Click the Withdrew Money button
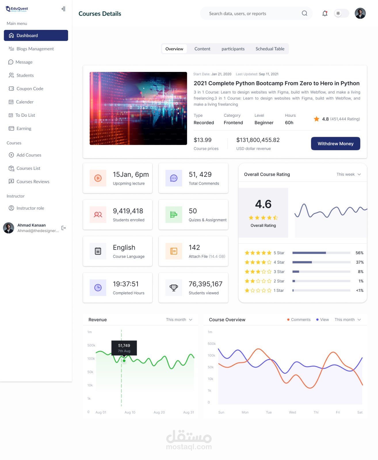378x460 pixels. click(x=335, y=143)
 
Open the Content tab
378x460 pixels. click(x=202, y=49)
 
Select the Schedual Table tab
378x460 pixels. click(x=270, y=49)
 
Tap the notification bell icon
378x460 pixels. click(x=325, y=14)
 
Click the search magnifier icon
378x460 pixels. click(x=304, y=14)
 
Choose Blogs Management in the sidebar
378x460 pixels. click(x=35, y=49)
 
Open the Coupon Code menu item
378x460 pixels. click(x=30, y=89)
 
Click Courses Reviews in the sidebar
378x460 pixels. click(x=33, y=181)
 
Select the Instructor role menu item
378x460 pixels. click(x=30, y=208)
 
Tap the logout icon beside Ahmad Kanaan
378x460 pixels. click(x=64, y=228)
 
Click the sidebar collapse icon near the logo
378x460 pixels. click(x=63, y=9)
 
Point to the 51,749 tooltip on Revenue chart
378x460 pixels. click(x=124, y=348)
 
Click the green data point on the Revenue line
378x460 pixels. click(x=124, y=361)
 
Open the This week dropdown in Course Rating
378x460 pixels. click(x=348, y=174)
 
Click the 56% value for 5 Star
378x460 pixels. click(x=359, y=253)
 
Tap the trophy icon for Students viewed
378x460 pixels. click(x=174, y=287)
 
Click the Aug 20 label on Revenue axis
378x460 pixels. click(x=159, y=412)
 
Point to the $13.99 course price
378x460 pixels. click(x=203, y=140)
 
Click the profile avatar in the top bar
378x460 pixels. click(x=360, y=14)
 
